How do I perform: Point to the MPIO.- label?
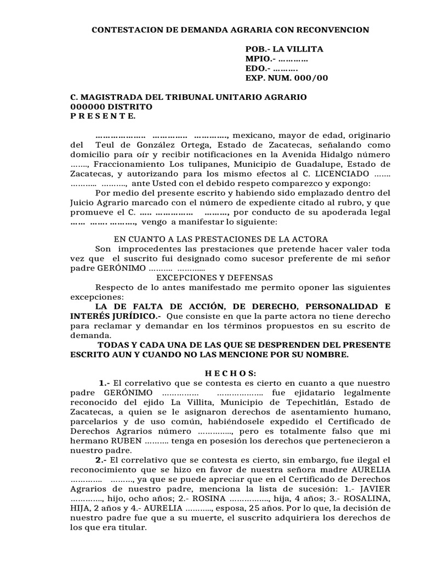click(260, 59)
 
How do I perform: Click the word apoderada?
click(348, 212)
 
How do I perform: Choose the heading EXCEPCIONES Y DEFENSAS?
click(220, 278)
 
